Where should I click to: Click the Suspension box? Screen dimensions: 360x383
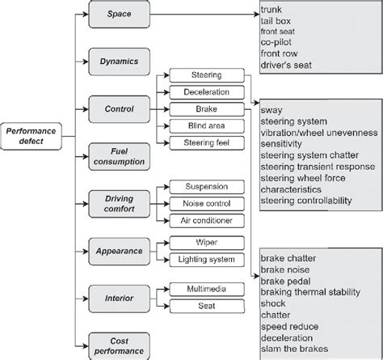(x=206, y=187)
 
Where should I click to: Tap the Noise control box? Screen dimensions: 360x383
(x=206, y=203)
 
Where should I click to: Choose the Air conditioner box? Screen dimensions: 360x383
(x=206, y=220)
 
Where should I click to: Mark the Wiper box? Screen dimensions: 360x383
(x=206, y=242)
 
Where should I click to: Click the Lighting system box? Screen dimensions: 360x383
(x=206, y=259)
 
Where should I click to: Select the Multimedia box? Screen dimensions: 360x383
(x=206, y=289)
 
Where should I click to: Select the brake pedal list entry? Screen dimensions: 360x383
(x=284, y=281)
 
